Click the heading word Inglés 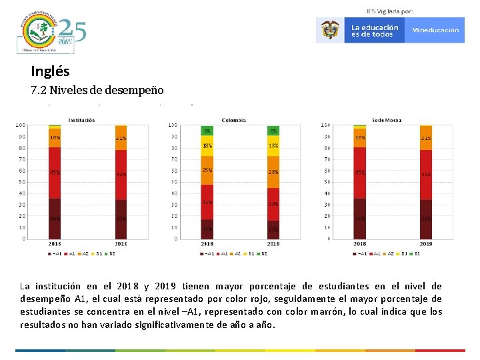point(50,71)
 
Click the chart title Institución point(81,120)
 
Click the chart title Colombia point(233,120)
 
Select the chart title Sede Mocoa point(387,120)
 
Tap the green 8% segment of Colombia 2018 point(207,131)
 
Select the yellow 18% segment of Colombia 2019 point(273,146)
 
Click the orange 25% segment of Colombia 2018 point(207,170)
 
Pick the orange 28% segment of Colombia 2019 point(273,172)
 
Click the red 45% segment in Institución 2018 point(55,173)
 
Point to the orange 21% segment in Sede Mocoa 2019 point(426,137)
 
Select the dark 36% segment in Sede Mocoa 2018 point(360,219)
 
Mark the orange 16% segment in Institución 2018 point(55,137)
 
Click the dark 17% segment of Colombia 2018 point(207,229)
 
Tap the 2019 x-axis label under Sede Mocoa point(426,244)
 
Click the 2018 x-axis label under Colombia point(207,244)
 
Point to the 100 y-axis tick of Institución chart point(21,125)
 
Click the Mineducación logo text point(435,31)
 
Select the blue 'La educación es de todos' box point(374,31)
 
